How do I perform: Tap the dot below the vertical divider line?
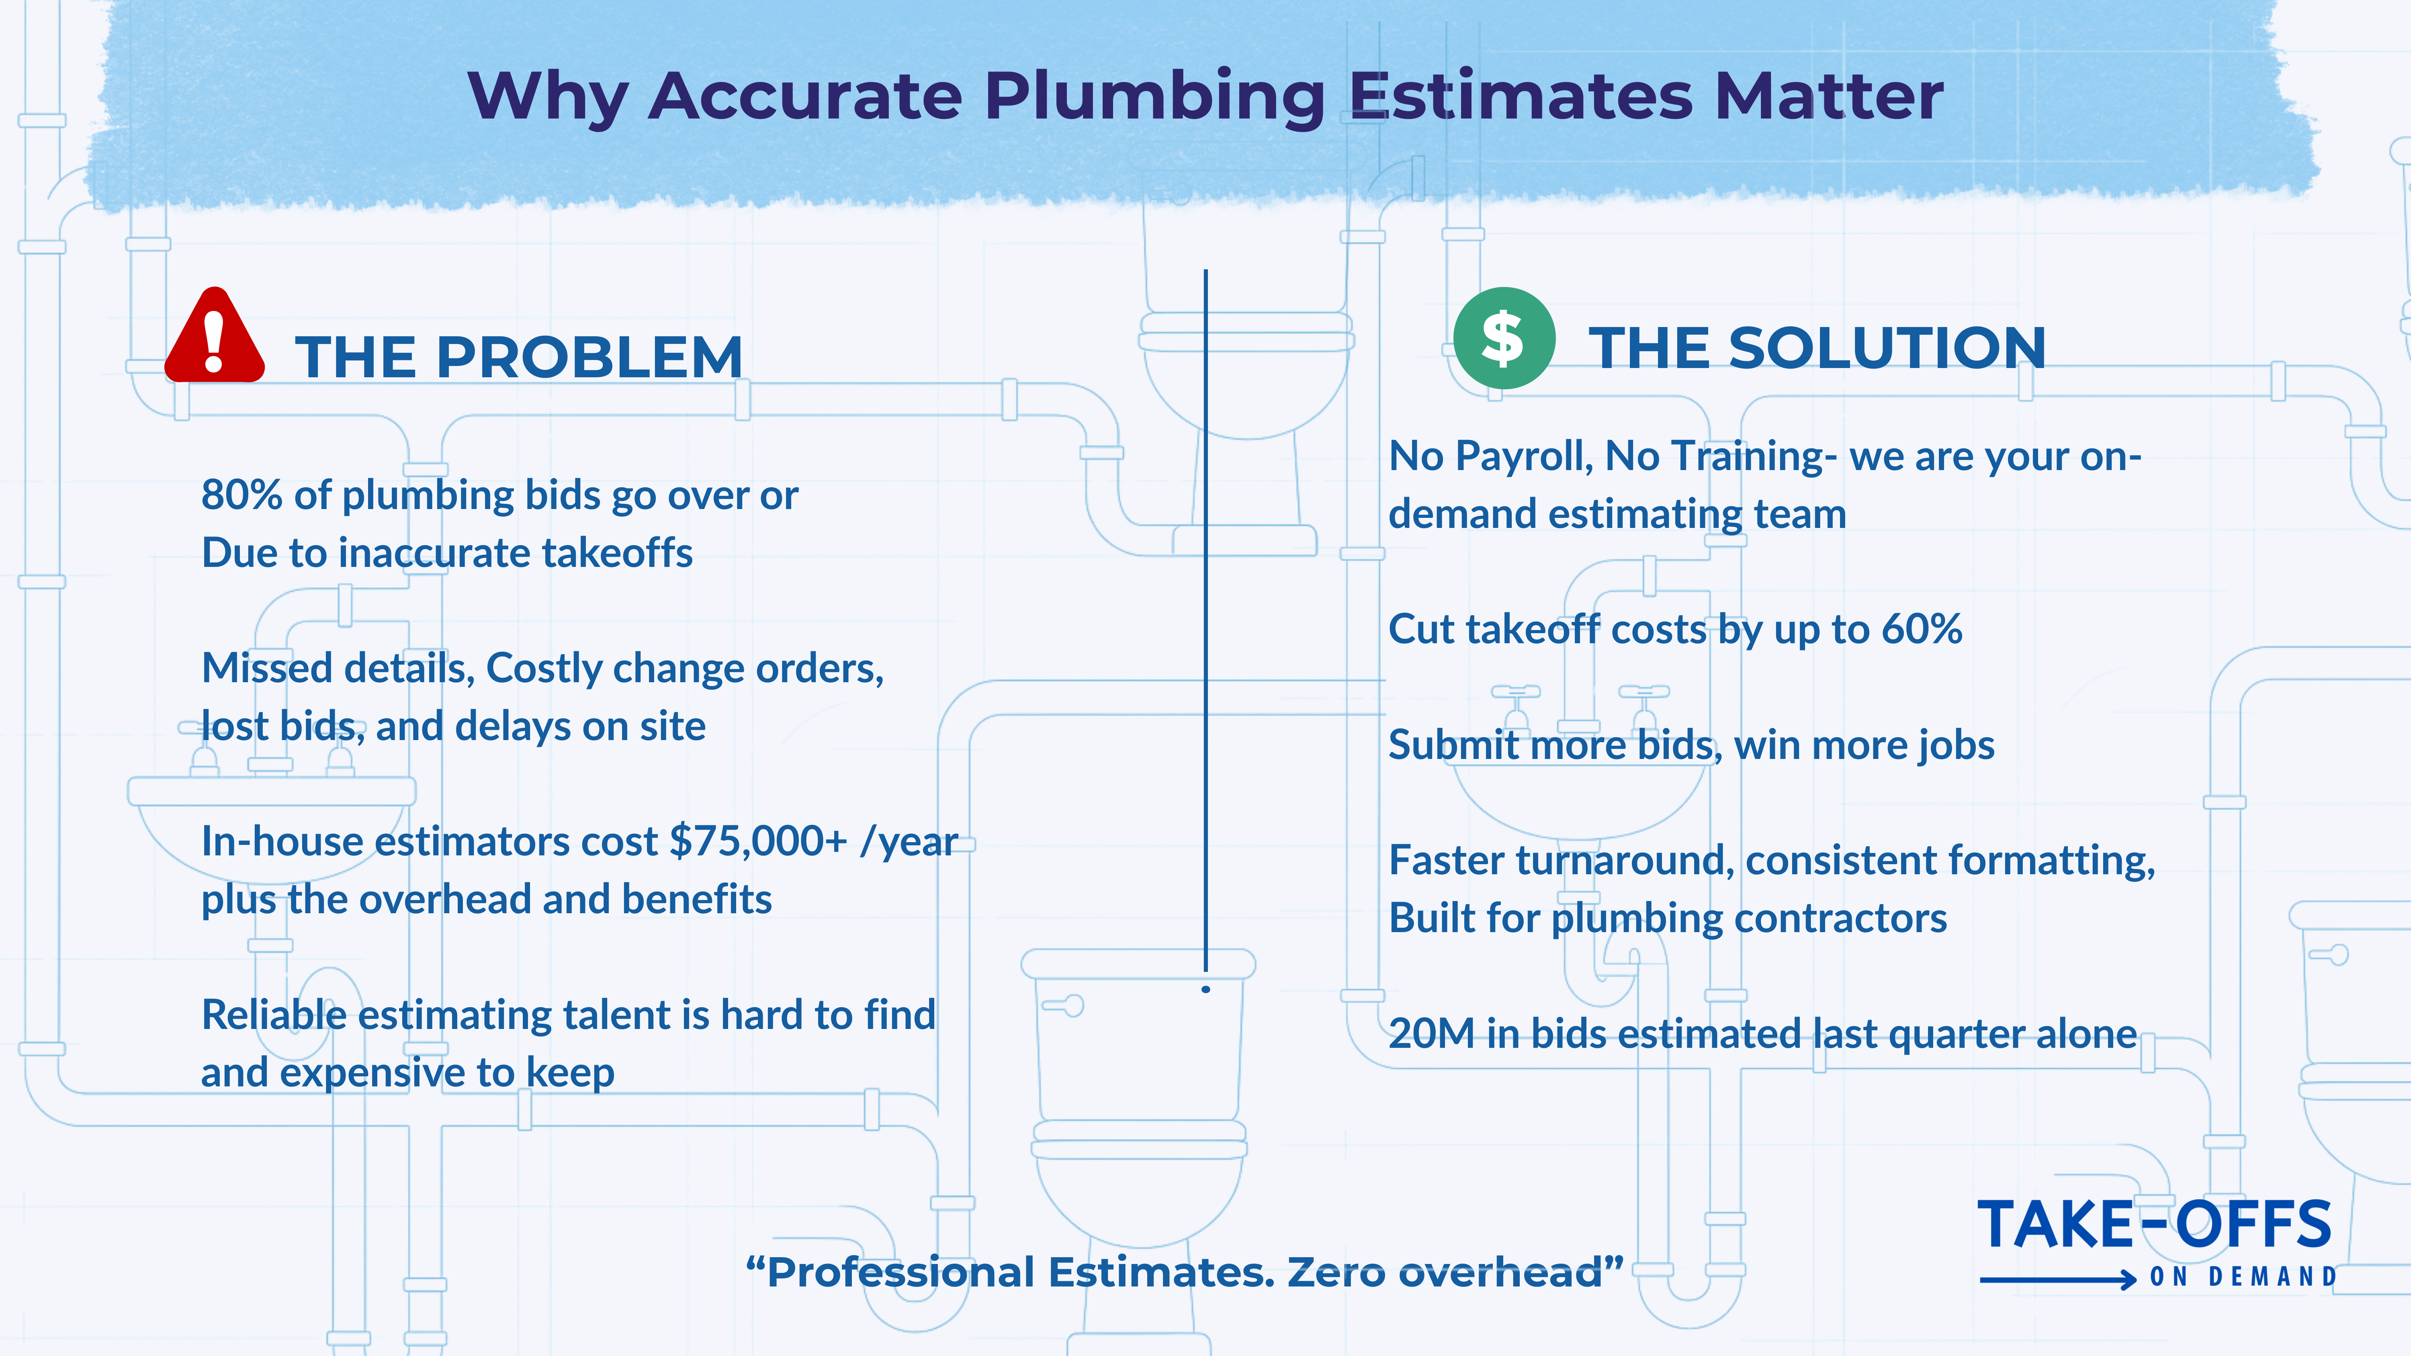coord(1205,989)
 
